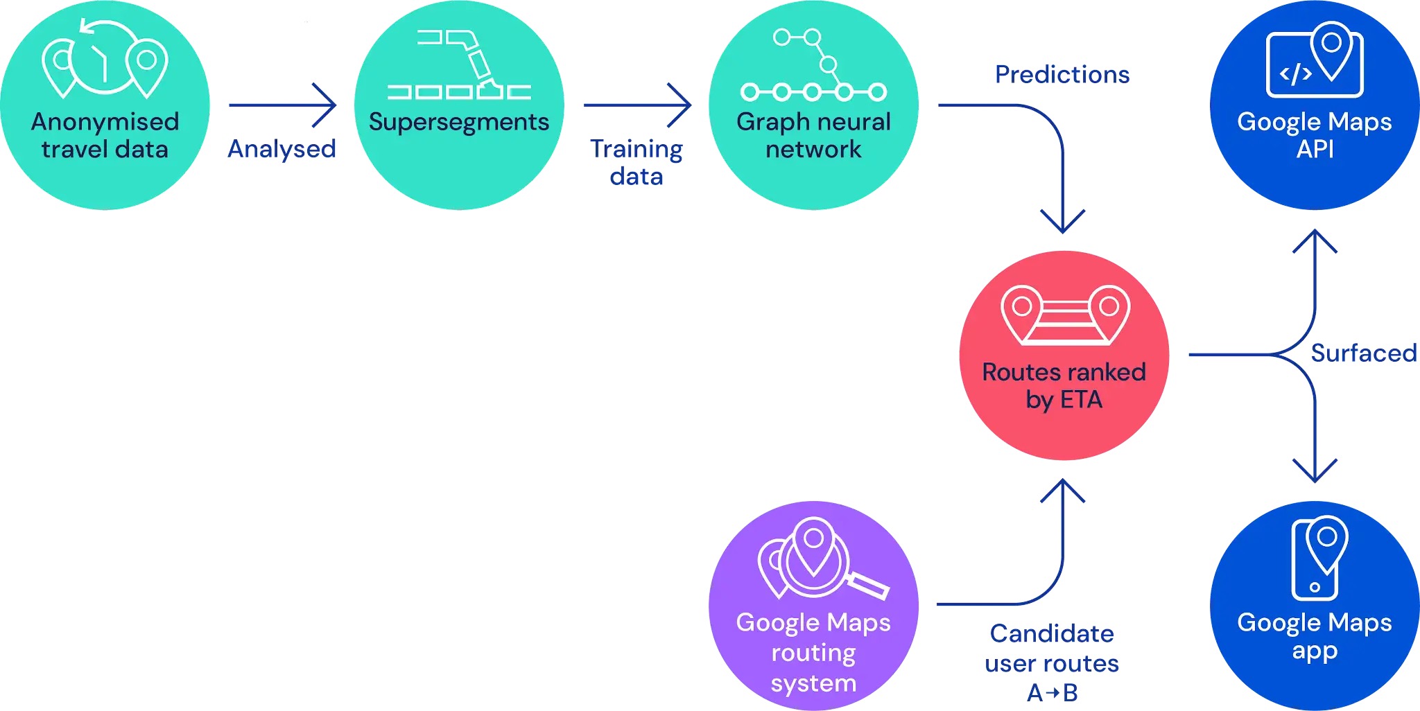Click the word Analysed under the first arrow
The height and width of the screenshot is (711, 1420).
(x=282, y=149)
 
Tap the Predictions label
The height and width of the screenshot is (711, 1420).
(x=1062, y=74)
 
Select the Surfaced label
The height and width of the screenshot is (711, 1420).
(x=1362, y=353)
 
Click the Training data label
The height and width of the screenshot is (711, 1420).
(x=636, y=162)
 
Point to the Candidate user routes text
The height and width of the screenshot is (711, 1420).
(x=1051, y=648)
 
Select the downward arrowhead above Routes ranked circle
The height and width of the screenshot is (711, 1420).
(x=1062, y=223)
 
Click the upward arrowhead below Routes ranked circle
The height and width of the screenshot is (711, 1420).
(x=1062, y=489)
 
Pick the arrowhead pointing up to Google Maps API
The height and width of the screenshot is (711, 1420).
(x=1315, y=239)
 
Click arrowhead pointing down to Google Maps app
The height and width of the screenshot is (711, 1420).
(x=1315, y=473)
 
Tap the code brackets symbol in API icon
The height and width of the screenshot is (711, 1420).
(x=1295, y=74)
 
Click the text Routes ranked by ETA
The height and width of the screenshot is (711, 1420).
(x=1064, y=386)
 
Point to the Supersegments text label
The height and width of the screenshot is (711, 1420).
(x=458, y=122)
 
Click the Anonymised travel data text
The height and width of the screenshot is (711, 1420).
(x=105, y=135)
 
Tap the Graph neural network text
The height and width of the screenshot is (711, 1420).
(x=813, y=135)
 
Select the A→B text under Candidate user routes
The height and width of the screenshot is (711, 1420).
(x=1051, y=692)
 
